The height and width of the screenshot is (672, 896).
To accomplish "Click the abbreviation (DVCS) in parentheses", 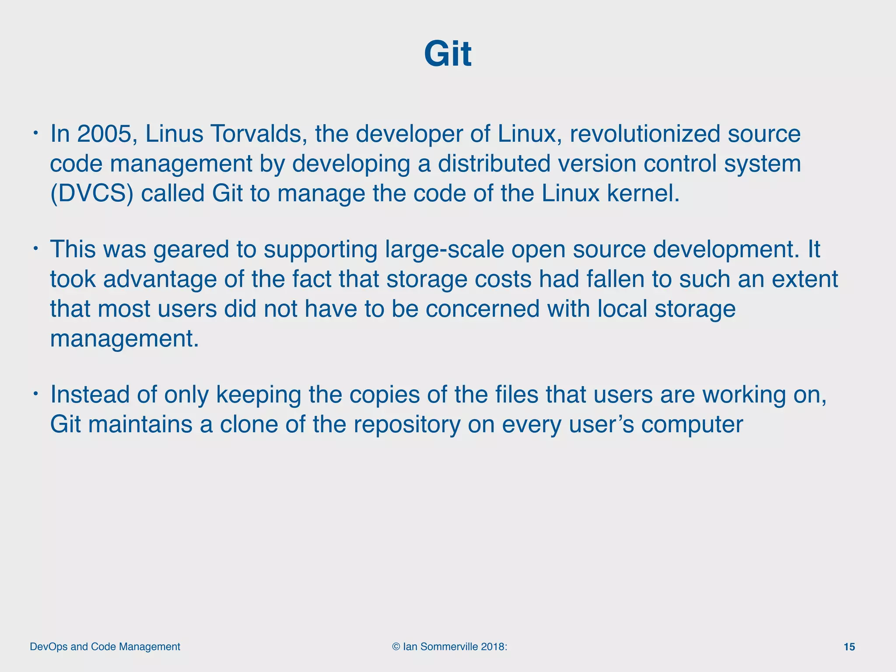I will tap(91, 193).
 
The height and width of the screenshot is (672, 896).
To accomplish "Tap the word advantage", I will tap(160, 279).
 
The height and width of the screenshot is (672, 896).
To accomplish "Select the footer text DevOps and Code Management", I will tap(105, 647).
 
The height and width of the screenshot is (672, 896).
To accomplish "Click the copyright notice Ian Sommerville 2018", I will tap(450, 647).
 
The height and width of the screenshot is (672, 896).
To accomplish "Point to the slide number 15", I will tap(849, 647).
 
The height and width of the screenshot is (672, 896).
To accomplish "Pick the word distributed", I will tap(494, 164).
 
